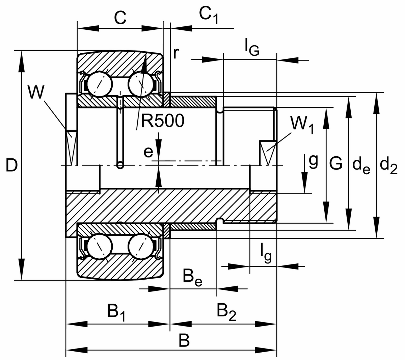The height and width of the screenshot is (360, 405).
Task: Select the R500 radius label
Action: pyautogui.click(x=163, y=121)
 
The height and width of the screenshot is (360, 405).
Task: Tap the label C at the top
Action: pyautogui.click(x=120, y=18)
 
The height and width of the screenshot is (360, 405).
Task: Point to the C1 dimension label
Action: pyautogui.click(x=208, y=16)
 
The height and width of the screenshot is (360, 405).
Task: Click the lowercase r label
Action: pyautogui.click(x=175, y=53)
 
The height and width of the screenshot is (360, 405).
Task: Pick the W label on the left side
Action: pyautogui.click(x=35, y=92)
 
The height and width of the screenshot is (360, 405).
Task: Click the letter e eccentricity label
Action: pyautogui.click(x=148, y=152)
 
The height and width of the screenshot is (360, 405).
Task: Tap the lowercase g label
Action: pyautogui.click(x=313, y=162)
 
